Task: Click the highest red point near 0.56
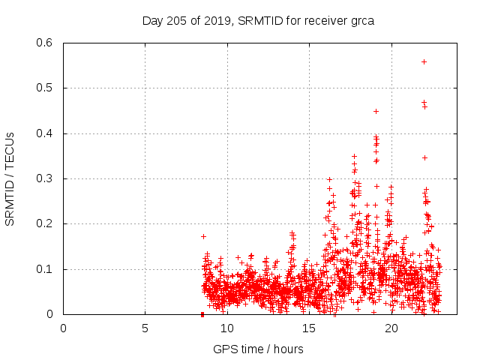[424, 61]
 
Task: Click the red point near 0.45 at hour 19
[376, 111]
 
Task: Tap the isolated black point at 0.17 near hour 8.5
[203, 236]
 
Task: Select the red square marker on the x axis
[202, 314]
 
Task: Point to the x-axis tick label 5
[145, 328]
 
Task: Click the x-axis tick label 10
[226, 328]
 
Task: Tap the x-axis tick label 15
[308, 328]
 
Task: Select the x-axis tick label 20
[390, 328]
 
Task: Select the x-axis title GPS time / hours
[259, 349]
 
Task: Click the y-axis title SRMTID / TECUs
[10, 178]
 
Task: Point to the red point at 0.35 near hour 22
[424, 157]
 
